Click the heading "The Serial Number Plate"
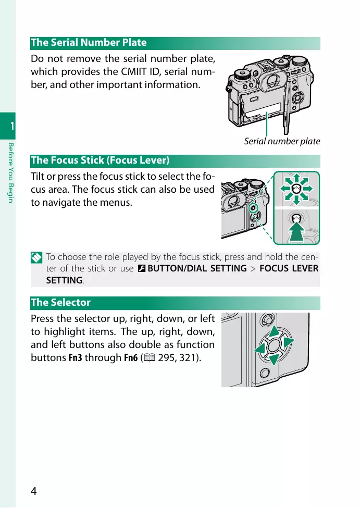coord(89,43)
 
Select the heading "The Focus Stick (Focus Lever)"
coord(100,160)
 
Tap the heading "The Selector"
coord(60,302)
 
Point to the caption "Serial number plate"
coord(282,141)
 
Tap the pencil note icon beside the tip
coord(35,257)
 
